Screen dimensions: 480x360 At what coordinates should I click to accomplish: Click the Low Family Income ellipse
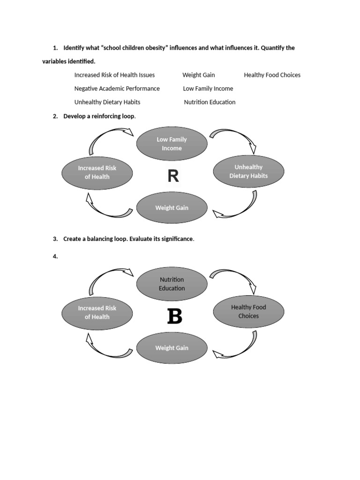point(172,144)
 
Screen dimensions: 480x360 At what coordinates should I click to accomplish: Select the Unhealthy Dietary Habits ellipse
point(248,172)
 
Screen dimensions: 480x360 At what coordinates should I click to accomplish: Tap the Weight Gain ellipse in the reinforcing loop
point(172,208)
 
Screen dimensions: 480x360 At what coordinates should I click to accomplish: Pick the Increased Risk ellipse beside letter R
point(97,172)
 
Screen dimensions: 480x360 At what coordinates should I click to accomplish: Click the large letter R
point(173,177)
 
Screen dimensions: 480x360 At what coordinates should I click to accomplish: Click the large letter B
point(174,317)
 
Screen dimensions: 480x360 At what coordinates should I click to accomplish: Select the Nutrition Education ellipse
point(172,284)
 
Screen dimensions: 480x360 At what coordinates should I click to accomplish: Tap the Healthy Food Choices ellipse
point(248,312)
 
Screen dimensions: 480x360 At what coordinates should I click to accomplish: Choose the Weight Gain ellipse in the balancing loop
point(172,348)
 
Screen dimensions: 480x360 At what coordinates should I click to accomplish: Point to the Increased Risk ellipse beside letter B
point(97,313)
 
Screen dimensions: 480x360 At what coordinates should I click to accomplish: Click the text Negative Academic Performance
point(117,89)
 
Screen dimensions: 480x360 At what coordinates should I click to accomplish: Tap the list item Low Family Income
point(208,89)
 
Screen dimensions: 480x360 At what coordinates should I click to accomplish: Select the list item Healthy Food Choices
point(272,75)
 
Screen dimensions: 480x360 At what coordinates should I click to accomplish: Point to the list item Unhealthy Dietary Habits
point(107,102)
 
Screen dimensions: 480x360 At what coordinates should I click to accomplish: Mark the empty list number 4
point(55,256)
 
